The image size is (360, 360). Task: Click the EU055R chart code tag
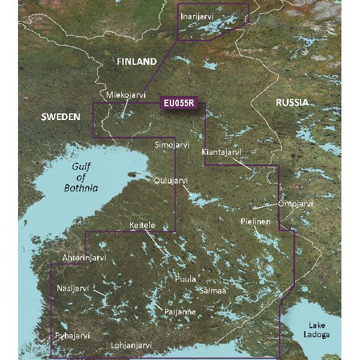(x=179, y=103)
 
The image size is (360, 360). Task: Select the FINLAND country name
(x=136, y=62)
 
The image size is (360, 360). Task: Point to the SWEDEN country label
(x=60, y=117)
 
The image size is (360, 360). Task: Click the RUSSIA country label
(x=292, y=103)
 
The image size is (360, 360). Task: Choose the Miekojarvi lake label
(x=125, y=95)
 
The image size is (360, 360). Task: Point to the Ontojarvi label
(x=295, y=204)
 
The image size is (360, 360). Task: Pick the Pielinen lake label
(x=256, y=221)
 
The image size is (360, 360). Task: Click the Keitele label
(x=142, y=226)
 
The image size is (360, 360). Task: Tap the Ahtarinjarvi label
(x=84, y=258)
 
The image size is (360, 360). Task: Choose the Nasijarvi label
(x=73, y=289)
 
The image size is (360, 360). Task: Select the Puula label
(x=185, y=280)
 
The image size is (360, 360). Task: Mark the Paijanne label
(x=180, y=313)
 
